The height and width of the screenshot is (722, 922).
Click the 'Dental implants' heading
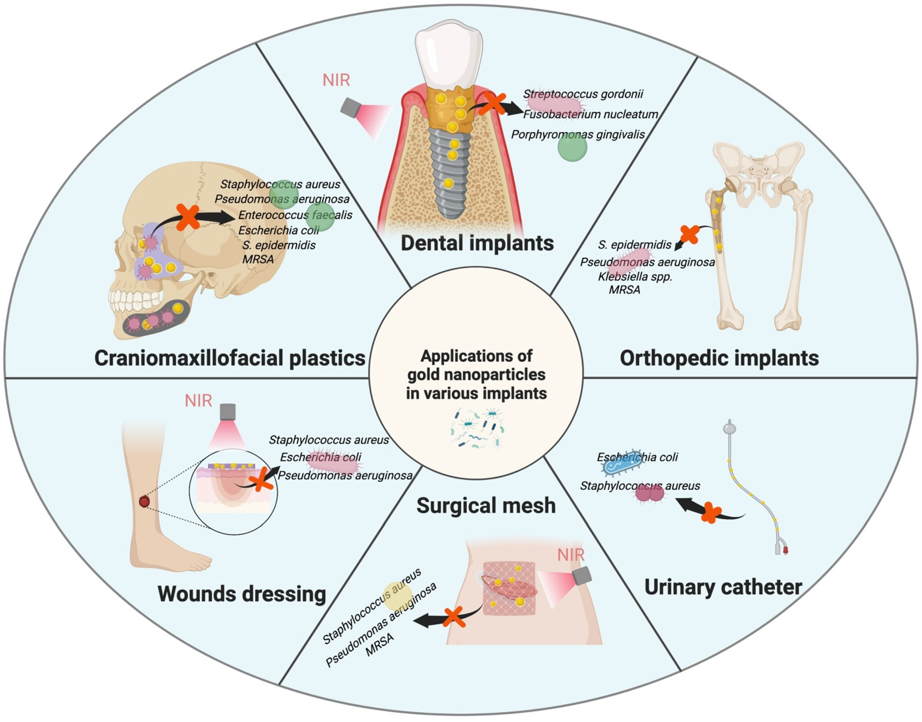477,243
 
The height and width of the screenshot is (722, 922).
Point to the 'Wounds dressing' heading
242,594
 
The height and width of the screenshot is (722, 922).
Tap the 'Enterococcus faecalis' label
295,215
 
